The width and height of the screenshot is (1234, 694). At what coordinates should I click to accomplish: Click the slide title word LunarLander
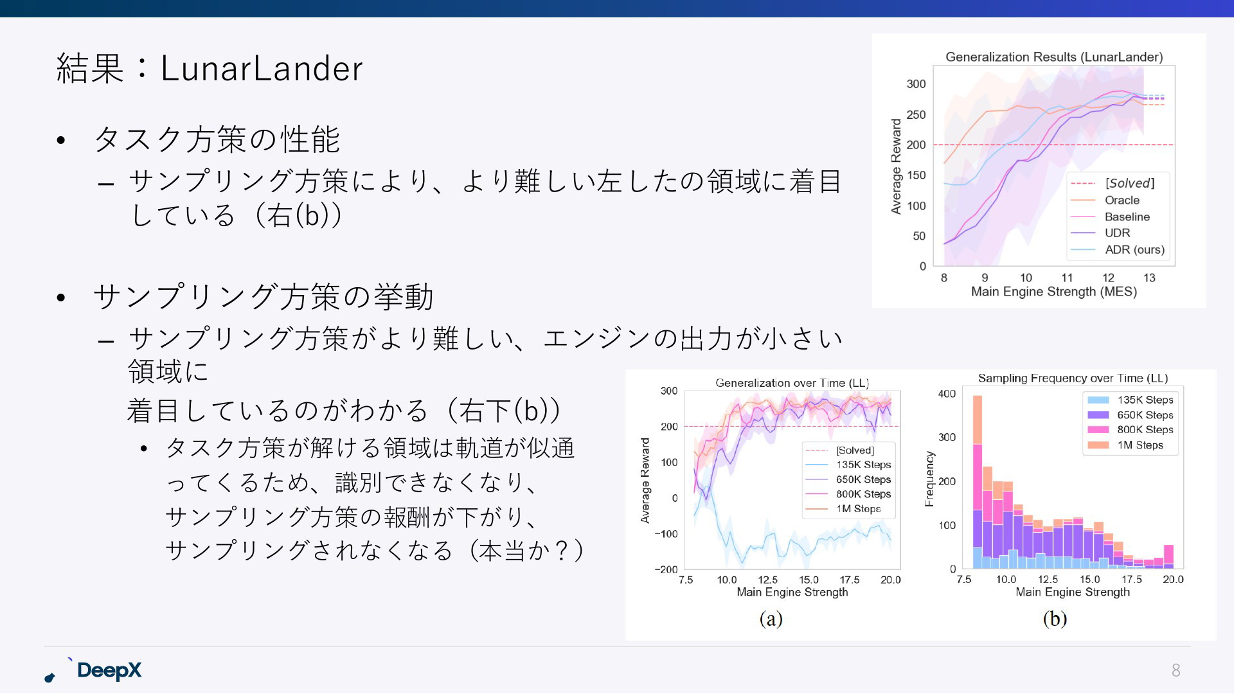pos(262,68)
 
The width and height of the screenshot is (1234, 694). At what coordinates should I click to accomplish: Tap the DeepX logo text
pos(109,670)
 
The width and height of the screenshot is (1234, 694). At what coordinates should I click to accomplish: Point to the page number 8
pos(1176,670)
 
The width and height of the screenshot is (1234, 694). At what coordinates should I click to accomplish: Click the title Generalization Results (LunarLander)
pos(1054,57)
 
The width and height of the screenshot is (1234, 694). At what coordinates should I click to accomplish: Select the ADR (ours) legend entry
pos(1134,249)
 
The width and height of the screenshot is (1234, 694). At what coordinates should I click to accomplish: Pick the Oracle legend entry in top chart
pos(1122,200)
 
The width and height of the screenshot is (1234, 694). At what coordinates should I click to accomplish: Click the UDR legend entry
pos(1117,233)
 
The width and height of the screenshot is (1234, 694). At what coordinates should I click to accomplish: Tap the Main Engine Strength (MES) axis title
pos(1054,292)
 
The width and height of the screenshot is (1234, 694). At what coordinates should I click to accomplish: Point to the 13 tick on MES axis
pos(1149,278)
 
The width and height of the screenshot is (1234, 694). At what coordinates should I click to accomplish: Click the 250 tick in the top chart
pos(916,114)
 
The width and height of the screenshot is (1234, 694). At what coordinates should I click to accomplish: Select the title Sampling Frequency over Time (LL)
pos(1073,378)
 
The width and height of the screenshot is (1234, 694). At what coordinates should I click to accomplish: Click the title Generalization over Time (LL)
pos(792,383)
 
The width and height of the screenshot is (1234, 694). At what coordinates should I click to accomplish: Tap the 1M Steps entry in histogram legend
pos(1140,445)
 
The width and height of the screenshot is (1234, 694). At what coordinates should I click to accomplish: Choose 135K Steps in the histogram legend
pos(1145,400)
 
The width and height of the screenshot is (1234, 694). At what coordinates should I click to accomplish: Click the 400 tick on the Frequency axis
pos(947,393)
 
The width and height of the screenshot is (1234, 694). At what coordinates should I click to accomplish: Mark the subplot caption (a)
pos(771,618)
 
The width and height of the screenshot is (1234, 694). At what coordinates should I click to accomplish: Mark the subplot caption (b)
pos(1055,618)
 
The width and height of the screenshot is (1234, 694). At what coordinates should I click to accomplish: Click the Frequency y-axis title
pos(929,479)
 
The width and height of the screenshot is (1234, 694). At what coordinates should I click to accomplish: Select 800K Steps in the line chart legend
pos(863,494)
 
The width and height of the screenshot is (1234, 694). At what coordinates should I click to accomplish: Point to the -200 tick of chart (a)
pos(666,569)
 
